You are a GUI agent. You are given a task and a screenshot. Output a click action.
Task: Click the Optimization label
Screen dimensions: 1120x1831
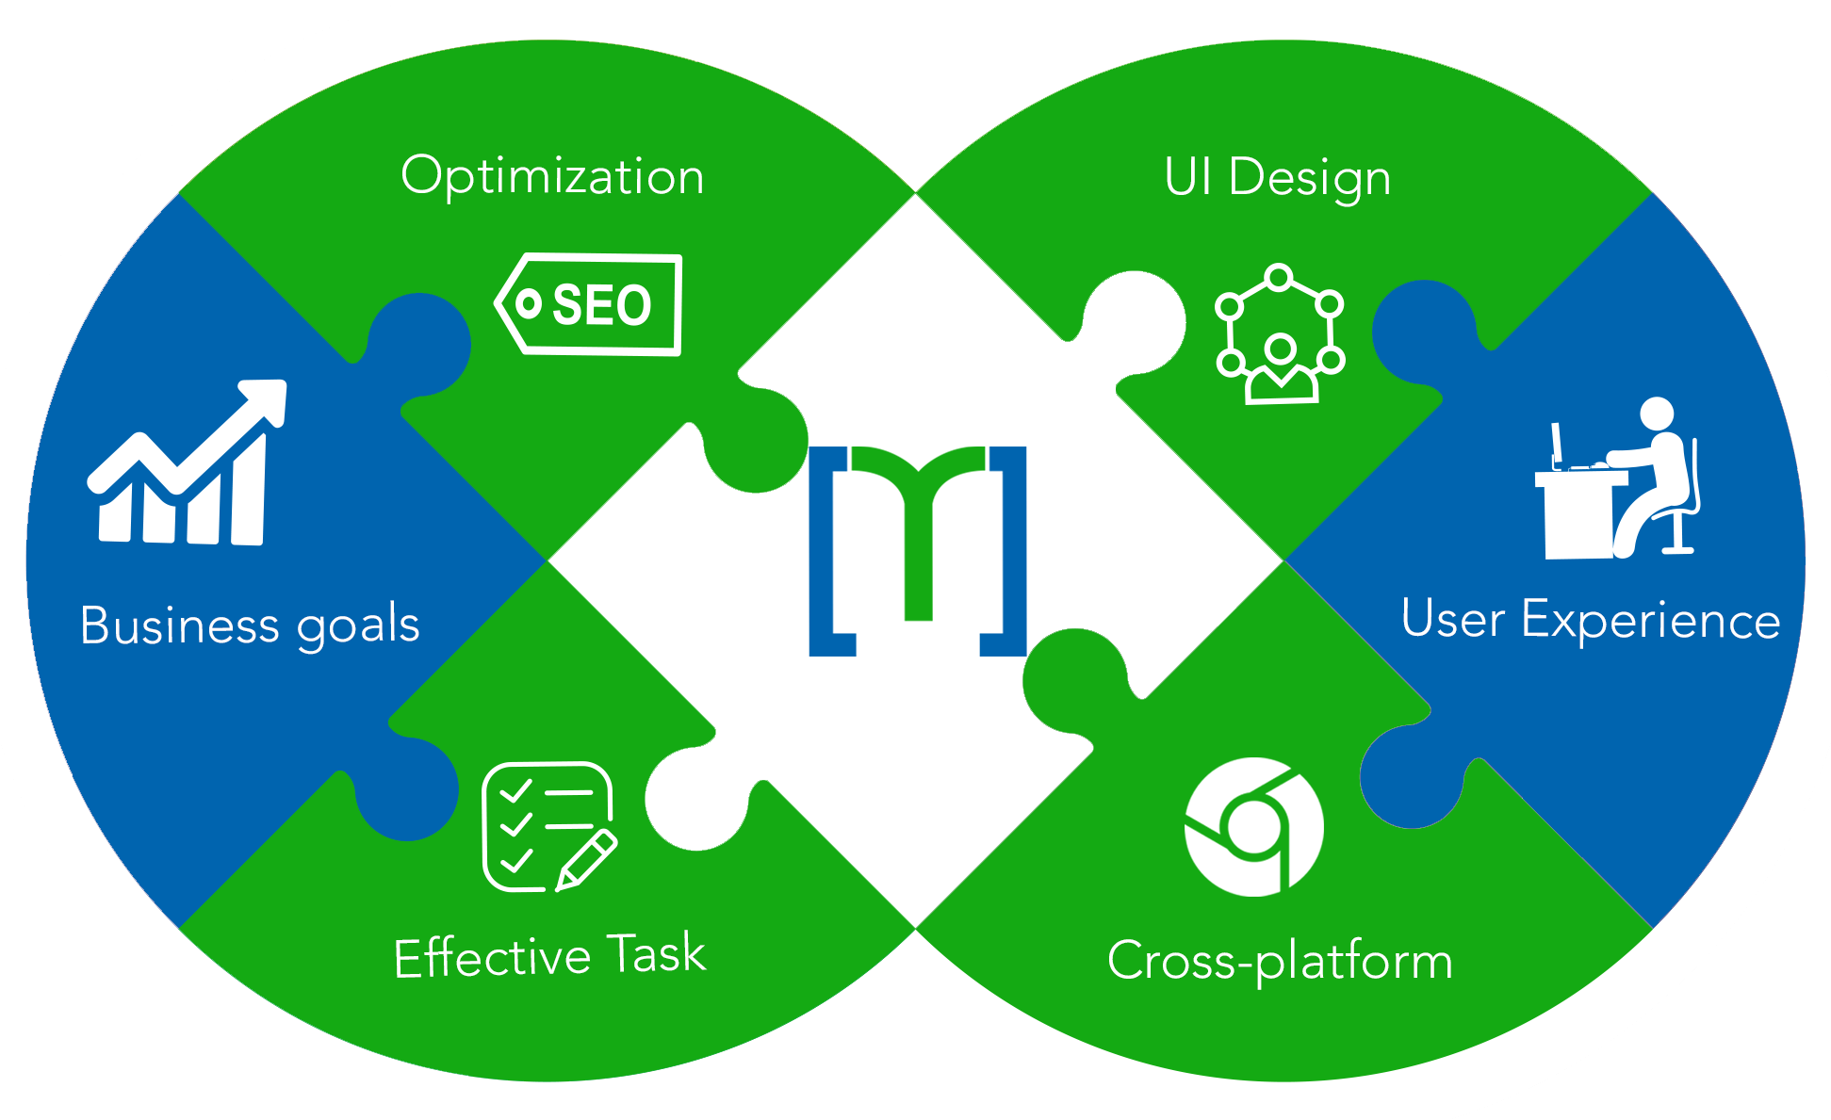click(x=552, y=177)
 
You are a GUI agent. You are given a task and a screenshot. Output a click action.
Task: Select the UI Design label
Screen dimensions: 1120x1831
click(x=1277, y=178)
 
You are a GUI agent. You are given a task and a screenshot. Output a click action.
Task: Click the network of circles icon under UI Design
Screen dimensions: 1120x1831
click(x=1280, y=334)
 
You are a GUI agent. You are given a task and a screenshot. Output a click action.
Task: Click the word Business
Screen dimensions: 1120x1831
click(x=179, y=625)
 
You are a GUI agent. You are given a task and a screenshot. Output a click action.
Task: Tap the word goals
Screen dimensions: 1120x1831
click(x=358, y=627)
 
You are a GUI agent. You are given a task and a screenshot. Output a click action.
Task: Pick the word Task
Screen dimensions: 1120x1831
click(x=656, y=954)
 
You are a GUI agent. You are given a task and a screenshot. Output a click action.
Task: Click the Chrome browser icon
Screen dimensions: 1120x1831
click(x=1253, y=827)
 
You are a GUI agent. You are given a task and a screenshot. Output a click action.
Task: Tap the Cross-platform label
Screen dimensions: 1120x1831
click(x=1280, y=962)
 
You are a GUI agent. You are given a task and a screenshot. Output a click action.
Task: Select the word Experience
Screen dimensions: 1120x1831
click(x=1651, y=621)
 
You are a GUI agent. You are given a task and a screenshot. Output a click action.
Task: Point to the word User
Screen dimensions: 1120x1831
click(x=1453, y=620)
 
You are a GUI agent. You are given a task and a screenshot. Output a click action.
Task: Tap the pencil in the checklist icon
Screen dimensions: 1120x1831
click(x=586, y=859)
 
